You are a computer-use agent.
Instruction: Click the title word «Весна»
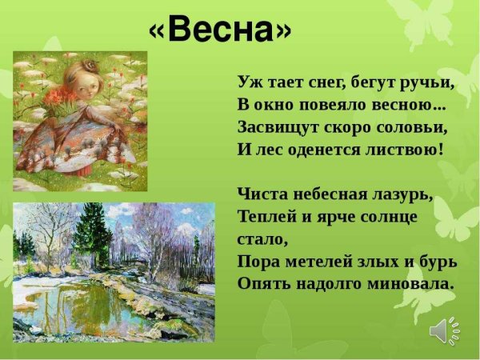(x=220, y=30)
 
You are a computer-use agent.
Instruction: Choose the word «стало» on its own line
(x=262, y=239)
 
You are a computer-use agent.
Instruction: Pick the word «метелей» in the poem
(x=314, y=262)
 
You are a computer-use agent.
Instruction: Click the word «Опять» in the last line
(x=262, y=284)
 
